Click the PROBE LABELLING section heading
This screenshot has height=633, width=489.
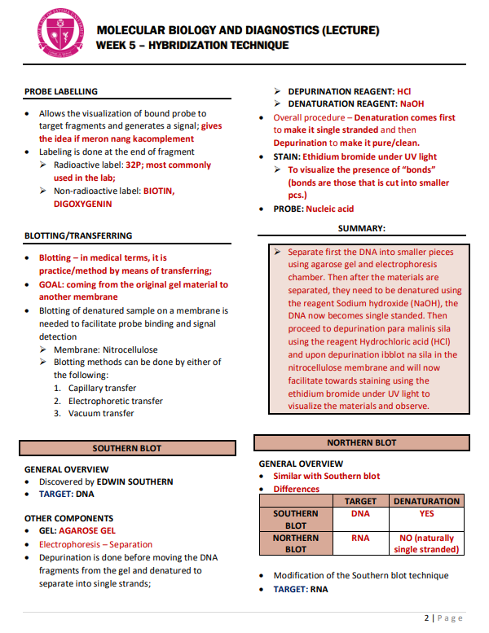tap(61, 91)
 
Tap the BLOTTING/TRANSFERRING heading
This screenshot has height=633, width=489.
tap(78, 235)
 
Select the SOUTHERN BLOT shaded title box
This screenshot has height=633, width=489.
tap(126, 448)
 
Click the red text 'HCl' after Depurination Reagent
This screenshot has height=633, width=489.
tap(403, 91)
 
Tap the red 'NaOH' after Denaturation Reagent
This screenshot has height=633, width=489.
tap(412, 104)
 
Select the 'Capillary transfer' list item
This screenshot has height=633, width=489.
tap(102, 388)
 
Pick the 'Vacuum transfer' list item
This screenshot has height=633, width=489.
tap(101, 413)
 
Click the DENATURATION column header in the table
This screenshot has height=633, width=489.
tap(426, 501)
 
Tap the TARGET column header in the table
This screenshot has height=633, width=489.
tap(360, 501)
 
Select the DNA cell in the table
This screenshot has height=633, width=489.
tap(360, 514)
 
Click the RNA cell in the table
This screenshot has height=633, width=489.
tap(360, 538)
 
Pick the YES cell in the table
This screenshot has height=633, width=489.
tap(426, 514)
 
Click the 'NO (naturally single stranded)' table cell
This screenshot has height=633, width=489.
tap(426, 543)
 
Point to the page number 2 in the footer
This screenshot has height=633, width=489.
tap(426, 618)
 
